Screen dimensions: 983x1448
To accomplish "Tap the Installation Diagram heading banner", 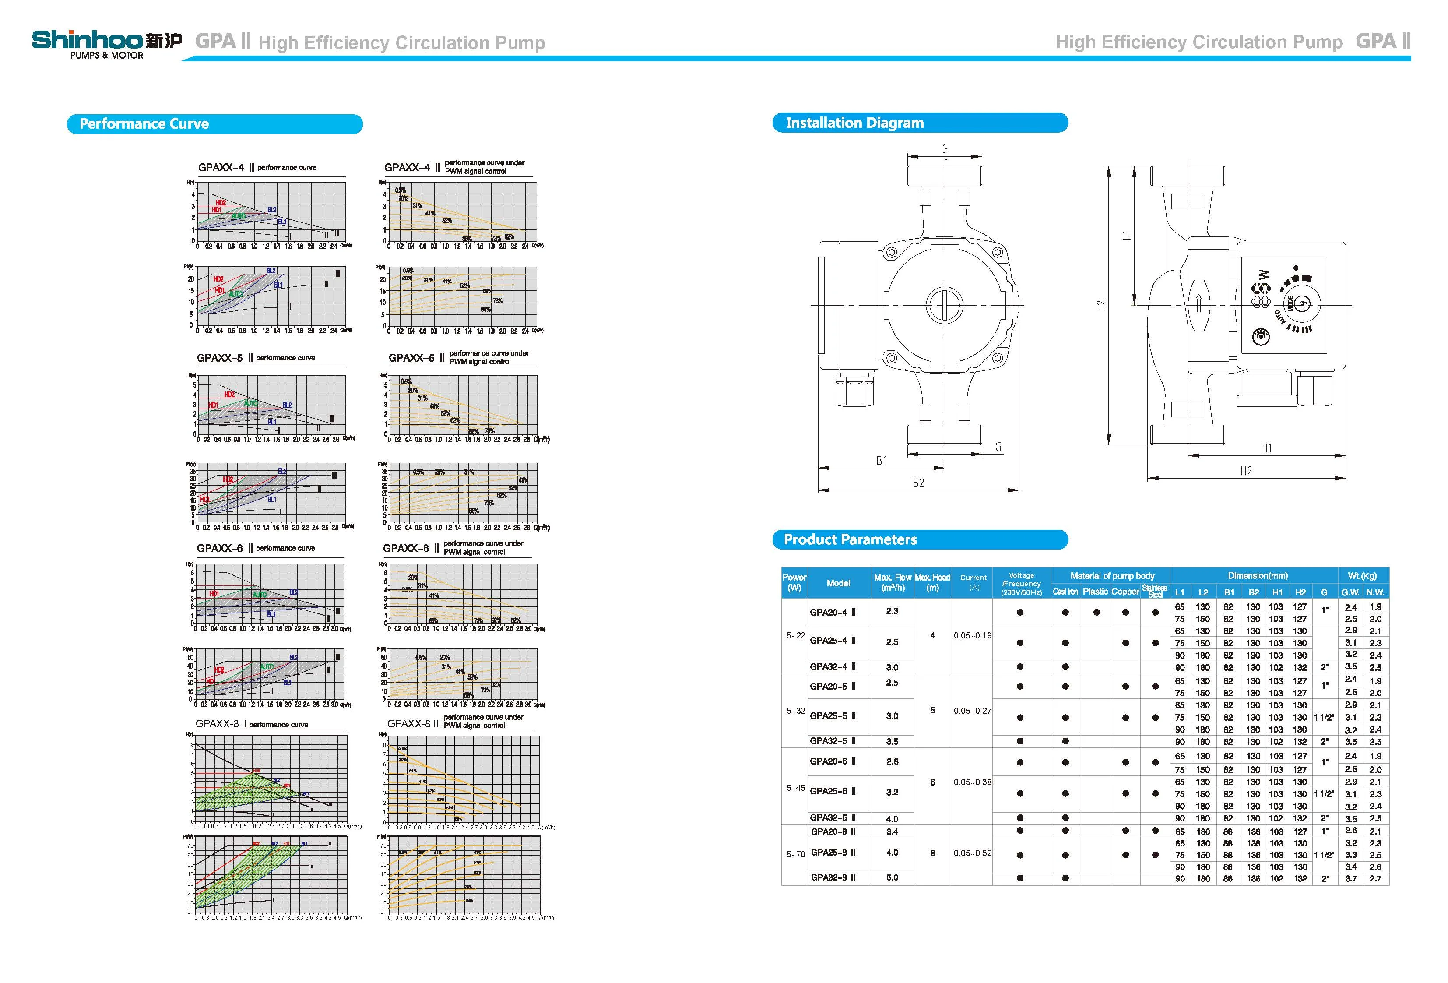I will tap(919, 123).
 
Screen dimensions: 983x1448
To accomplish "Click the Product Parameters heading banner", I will tap(919, 539).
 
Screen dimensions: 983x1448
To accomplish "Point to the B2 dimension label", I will tap(918, 483).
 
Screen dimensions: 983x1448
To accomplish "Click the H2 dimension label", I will tap(1245, 471).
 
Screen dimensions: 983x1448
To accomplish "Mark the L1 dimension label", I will tap(1127, 235).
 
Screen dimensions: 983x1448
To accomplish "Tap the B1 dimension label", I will tap(881, 461).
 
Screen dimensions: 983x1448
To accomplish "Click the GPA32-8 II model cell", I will tap(833, 877).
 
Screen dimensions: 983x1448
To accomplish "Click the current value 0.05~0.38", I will tap(972, 782).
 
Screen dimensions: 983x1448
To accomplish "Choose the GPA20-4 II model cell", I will tap(833, 612).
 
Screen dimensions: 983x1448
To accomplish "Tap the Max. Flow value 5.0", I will tap(892, 877).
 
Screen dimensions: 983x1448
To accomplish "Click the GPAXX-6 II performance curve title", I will tap(256, 548).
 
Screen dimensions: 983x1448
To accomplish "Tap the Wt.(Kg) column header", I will tap(1363, 575).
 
